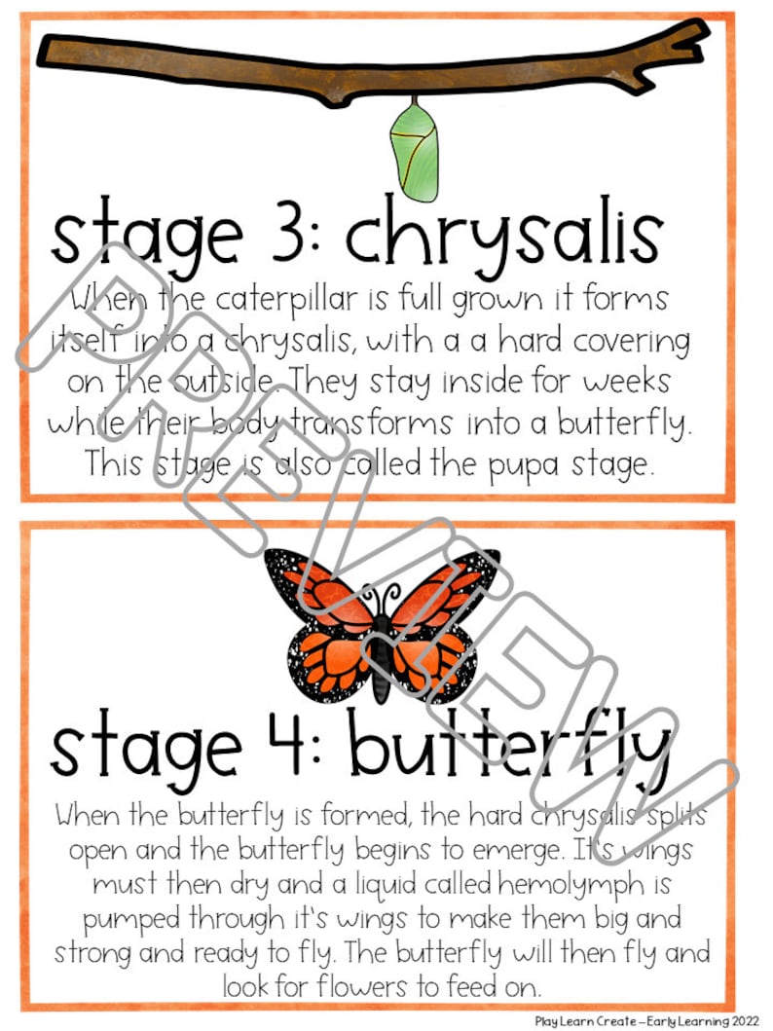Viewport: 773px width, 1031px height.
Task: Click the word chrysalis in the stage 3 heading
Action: (503, 238)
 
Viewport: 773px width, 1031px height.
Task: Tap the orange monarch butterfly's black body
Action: (383, 646)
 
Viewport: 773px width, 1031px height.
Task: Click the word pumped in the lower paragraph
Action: (135, 919)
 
